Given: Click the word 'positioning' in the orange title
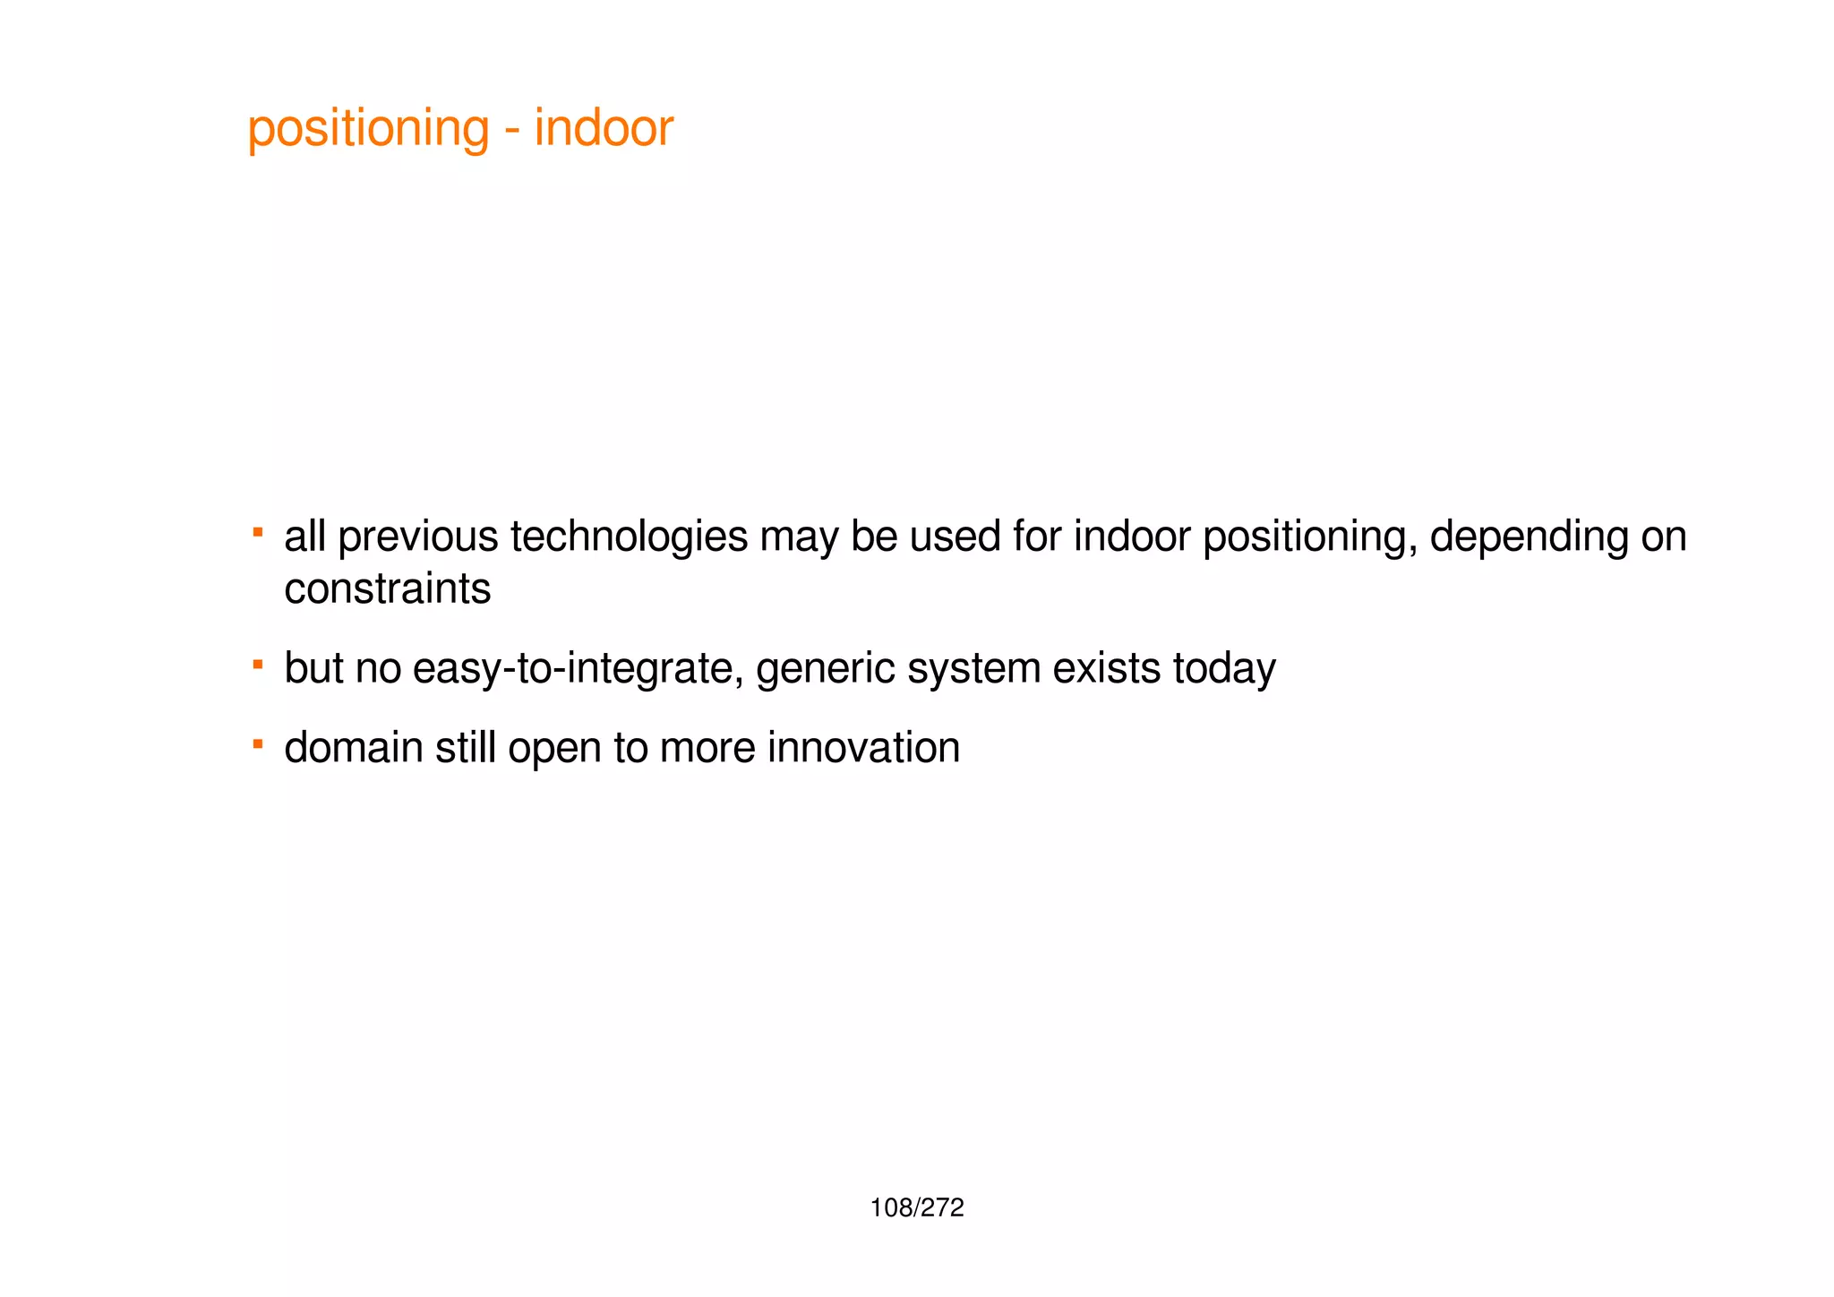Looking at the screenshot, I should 368,129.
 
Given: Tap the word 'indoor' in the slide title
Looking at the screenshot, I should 604,128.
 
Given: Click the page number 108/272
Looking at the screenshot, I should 916,1208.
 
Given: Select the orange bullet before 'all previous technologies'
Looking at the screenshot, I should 258,533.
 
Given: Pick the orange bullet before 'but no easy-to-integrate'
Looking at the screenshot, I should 258,665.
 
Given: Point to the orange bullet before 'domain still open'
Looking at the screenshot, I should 258,743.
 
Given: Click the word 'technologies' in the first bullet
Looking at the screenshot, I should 629,537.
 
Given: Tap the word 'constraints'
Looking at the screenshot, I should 387,589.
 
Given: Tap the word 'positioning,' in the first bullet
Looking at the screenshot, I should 1309,537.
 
